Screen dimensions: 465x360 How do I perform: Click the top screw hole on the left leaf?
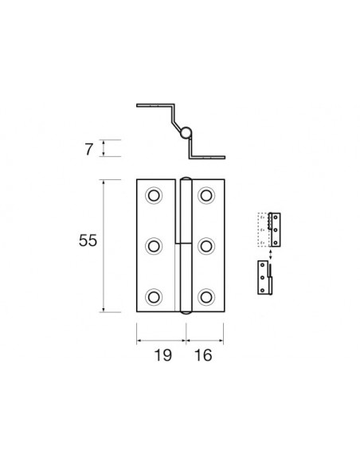click(154, 195)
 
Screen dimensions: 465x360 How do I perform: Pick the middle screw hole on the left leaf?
click(154, 246)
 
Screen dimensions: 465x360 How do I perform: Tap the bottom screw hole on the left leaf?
click(154, 298)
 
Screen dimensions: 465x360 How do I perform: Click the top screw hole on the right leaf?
click(207, 195)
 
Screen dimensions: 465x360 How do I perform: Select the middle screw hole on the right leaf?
click(207, 246)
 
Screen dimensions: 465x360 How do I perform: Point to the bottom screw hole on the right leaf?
click(207, 298)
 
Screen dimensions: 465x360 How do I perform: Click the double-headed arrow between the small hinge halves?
click(272, 255)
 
